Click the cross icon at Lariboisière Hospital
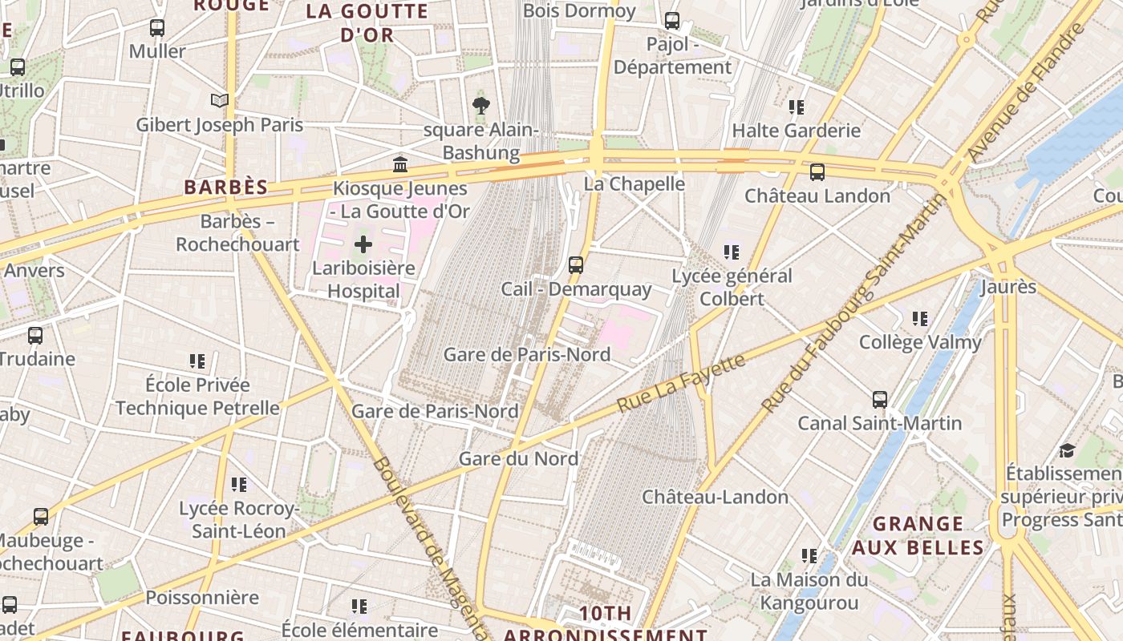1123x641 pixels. pos(363,244)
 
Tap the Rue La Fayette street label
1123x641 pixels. pos(681,384)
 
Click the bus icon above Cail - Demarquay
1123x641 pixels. pos(575,264)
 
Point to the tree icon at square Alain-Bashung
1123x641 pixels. pos(480,105)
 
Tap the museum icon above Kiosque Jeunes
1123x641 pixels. pos(399,164)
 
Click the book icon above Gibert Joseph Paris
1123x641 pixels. pos(219,100)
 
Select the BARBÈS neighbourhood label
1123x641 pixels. pos(225,187)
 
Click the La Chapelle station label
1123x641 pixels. pos(634,183)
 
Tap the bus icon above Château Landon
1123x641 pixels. pos(817,171)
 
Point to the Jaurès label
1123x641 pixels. pos(1008,286)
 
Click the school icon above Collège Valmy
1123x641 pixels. pos(919,319)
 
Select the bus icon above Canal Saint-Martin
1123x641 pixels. pos(879,399)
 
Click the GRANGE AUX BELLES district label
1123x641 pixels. pos(918,535)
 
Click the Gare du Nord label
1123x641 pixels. pos(518,458)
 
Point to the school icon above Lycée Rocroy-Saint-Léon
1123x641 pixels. pos(238,484)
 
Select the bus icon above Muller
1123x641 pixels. pos(157,28)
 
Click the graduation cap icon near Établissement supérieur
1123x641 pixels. pos(1067,450)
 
